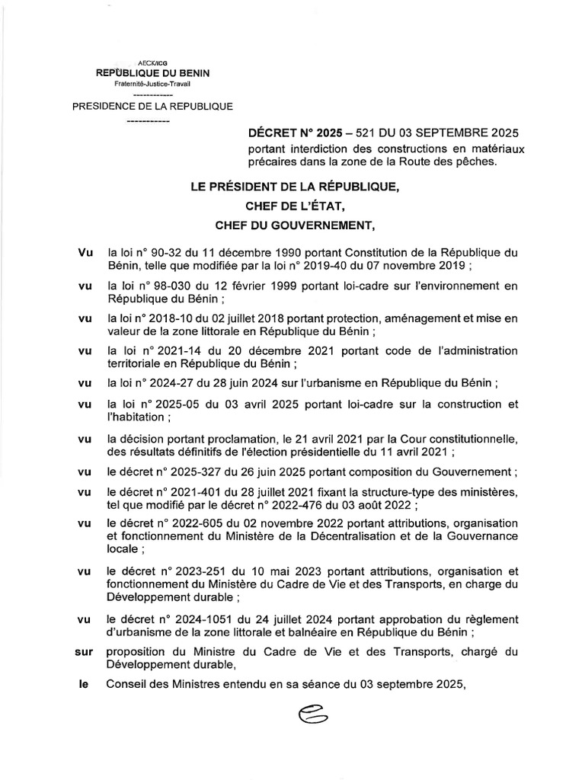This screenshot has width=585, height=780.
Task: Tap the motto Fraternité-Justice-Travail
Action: [152, 82]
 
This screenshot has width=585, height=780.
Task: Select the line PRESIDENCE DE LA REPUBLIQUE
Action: [152, 106]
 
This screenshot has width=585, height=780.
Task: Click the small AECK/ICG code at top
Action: [152, 62]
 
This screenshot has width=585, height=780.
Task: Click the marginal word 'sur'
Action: [84, 653]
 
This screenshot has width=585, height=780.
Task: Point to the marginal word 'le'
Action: [84, 684]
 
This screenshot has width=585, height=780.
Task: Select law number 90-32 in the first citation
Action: [162, 252]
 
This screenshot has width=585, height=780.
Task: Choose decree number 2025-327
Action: [184, 472]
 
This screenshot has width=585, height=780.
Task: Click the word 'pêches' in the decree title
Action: [476, 161]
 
